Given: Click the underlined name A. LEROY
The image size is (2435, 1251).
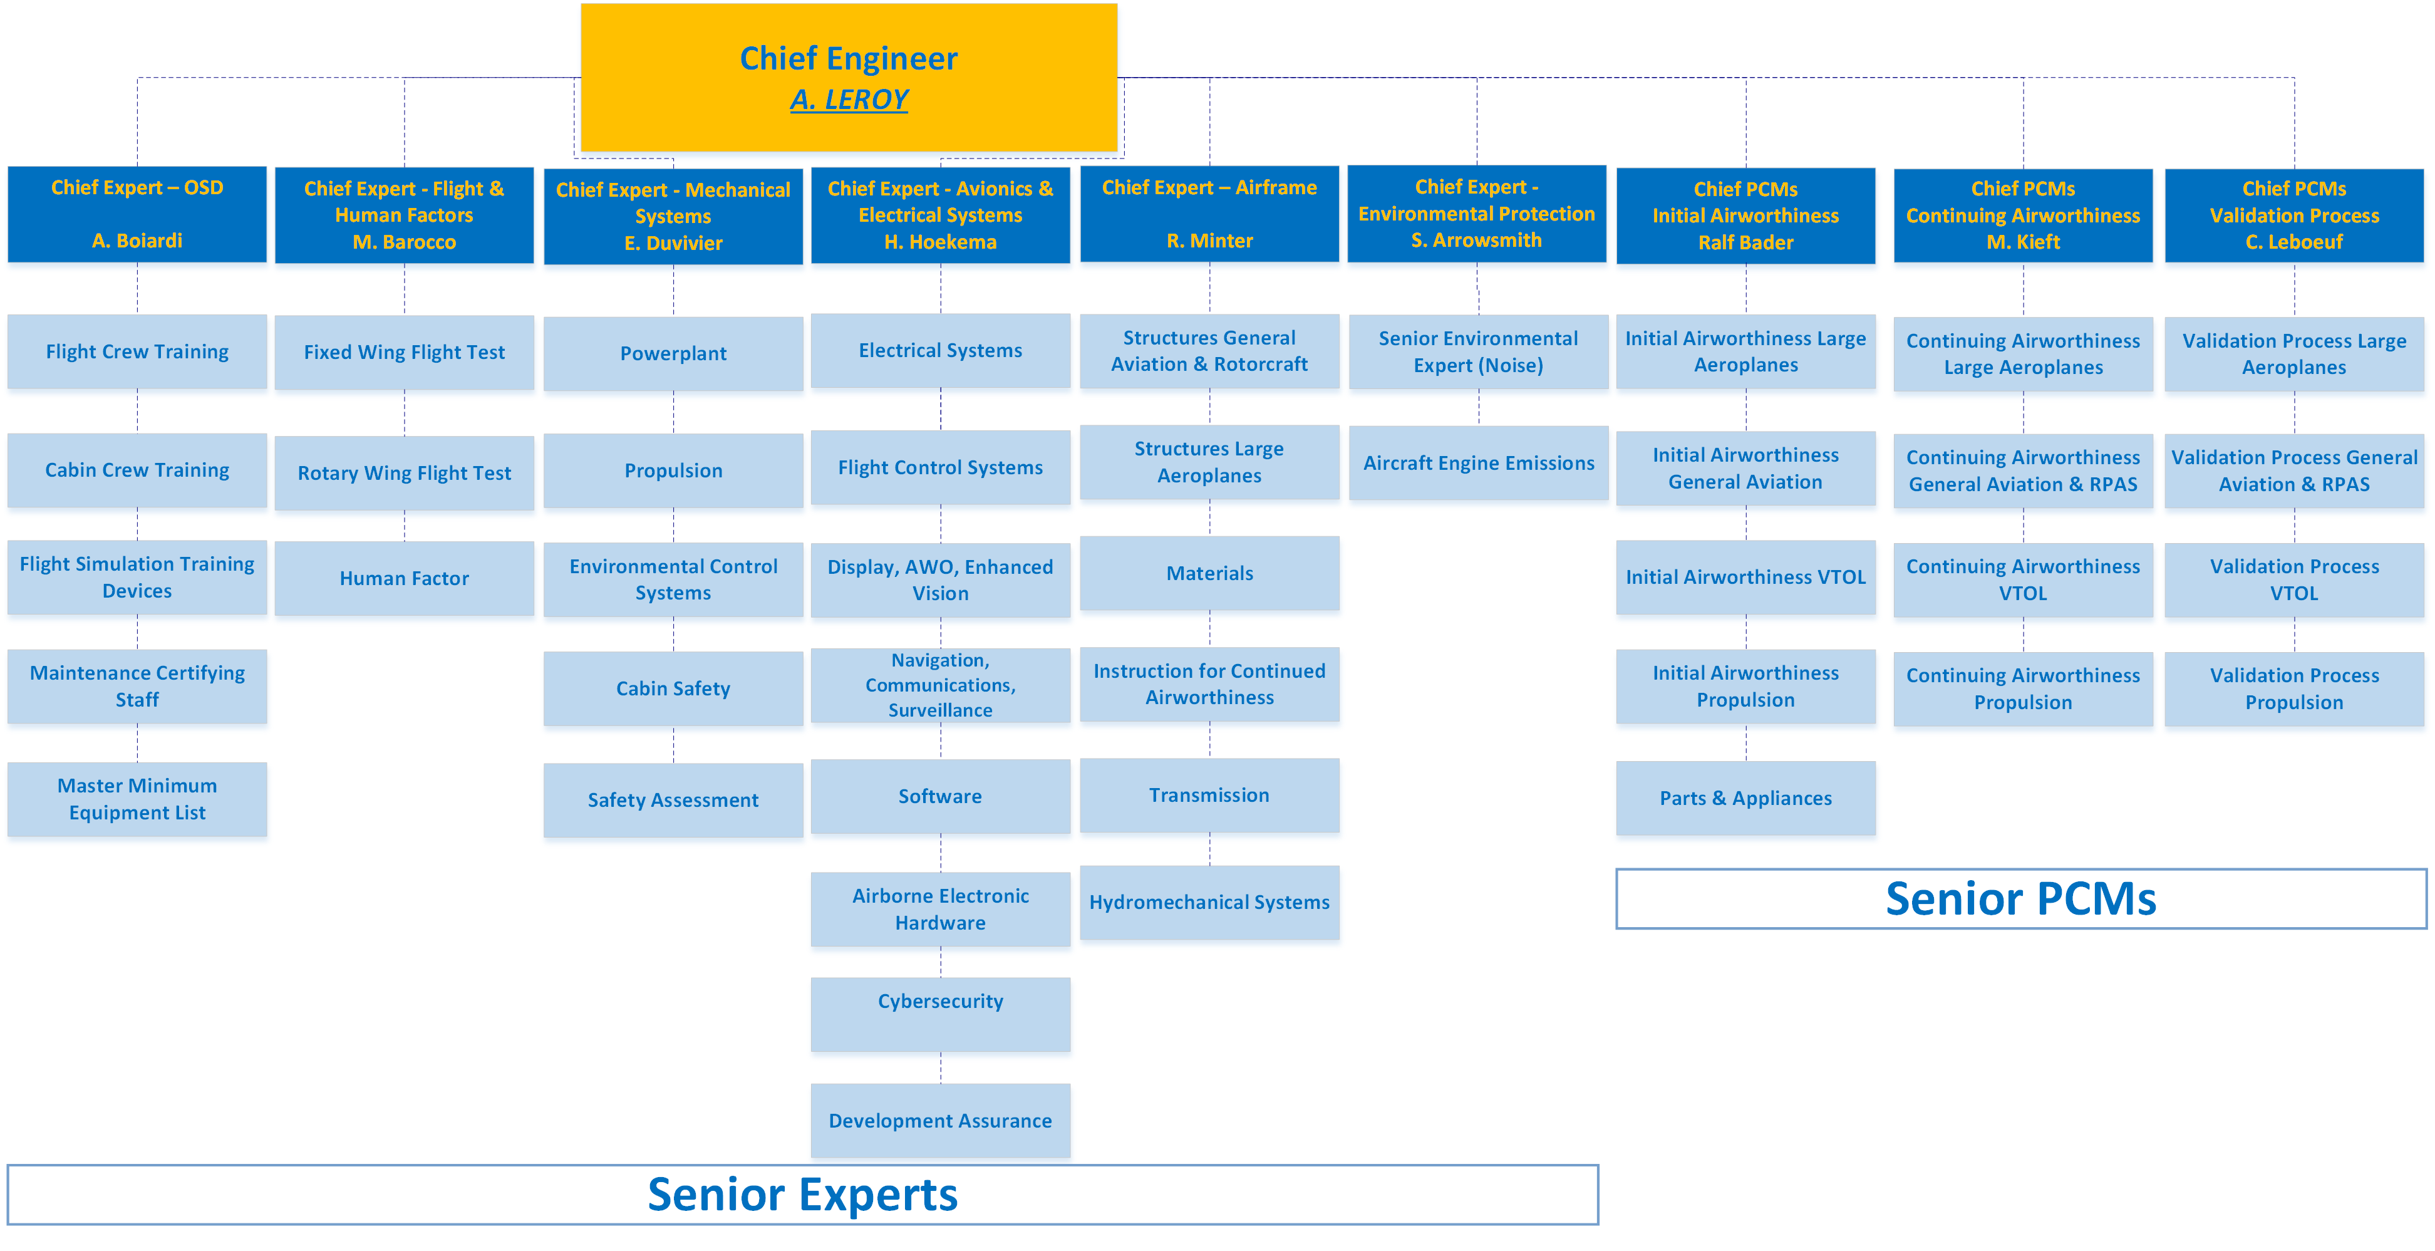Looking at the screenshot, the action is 849,99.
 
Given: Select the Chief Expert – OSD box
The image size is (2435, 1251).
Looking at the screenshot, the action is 137,215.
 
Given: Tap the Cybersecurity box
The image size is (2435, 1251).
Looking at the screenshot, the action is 941,1014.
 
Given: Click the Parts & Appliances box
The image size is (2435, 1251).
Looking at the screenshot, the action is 1746,798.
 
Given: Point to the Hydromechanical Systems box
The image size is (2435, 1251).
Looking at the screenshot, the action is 1210,902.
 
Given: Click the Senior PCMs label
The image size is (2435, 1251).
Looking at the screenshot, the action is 2021,898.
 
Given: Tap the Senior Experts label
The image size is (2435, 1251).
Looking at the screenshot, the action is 802,1194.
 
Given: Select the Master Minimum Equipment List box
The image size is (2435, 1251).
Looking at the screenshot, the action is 137,799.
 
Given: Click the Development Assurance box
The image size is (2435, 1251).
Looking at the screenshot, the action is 941,1121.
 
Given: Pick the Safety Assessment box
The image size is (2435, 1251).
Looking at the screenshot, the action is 673,800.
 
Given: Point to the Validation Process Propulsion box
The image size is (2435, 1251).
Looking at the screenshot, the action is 2294,689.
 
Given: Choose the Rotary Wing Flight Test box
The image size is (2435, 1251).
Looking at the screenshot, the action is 405,473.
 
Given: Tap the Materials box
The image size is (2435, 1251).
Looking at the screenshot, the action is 1210,573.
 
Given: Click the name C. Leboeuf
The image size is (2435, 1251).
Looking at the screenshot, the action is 2294,242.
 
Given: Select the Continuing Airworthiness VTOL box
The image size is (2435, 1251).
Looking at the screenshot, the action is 2023,579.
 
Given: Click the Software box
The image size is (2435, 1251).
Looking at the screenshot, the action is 941,796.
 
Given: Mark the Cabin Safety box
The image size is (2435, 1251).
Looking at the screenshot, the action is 673,688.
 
